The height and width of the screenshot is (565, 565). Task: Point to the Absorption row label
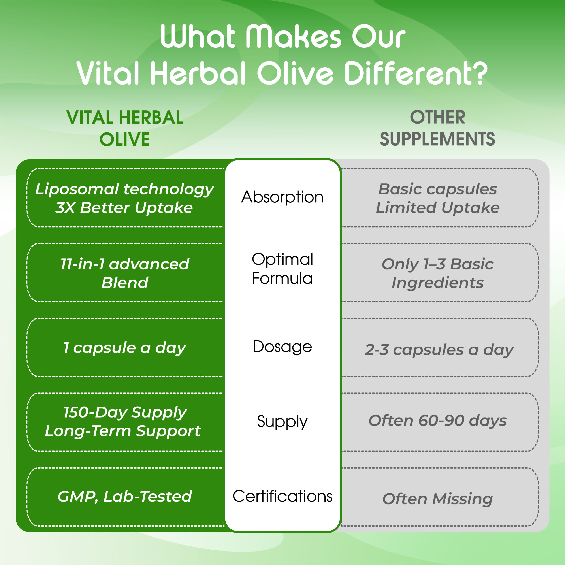pos(282,197)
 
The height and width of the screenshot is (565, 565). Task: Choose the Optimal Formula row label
pos(282,268)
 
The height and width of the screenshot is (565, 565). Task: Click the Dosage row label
pos(282,347)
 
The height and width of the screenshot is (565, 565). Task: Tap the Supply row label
pos(282,422)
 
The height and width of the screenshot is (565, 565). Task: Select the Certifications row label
pos(282,496)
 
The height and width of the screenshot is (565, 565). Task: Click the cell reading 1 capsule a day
pos(125,348)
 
